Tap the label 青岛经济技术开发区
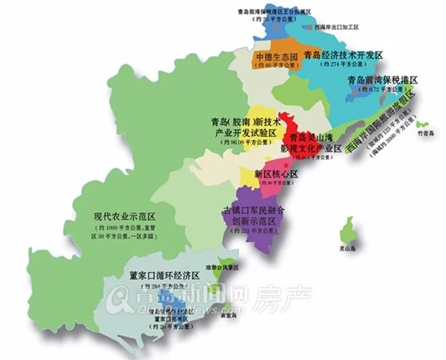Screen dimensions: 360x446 (x=341, y=55)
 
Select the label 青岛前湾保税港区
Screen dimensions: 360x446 (x=381, y=82)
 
